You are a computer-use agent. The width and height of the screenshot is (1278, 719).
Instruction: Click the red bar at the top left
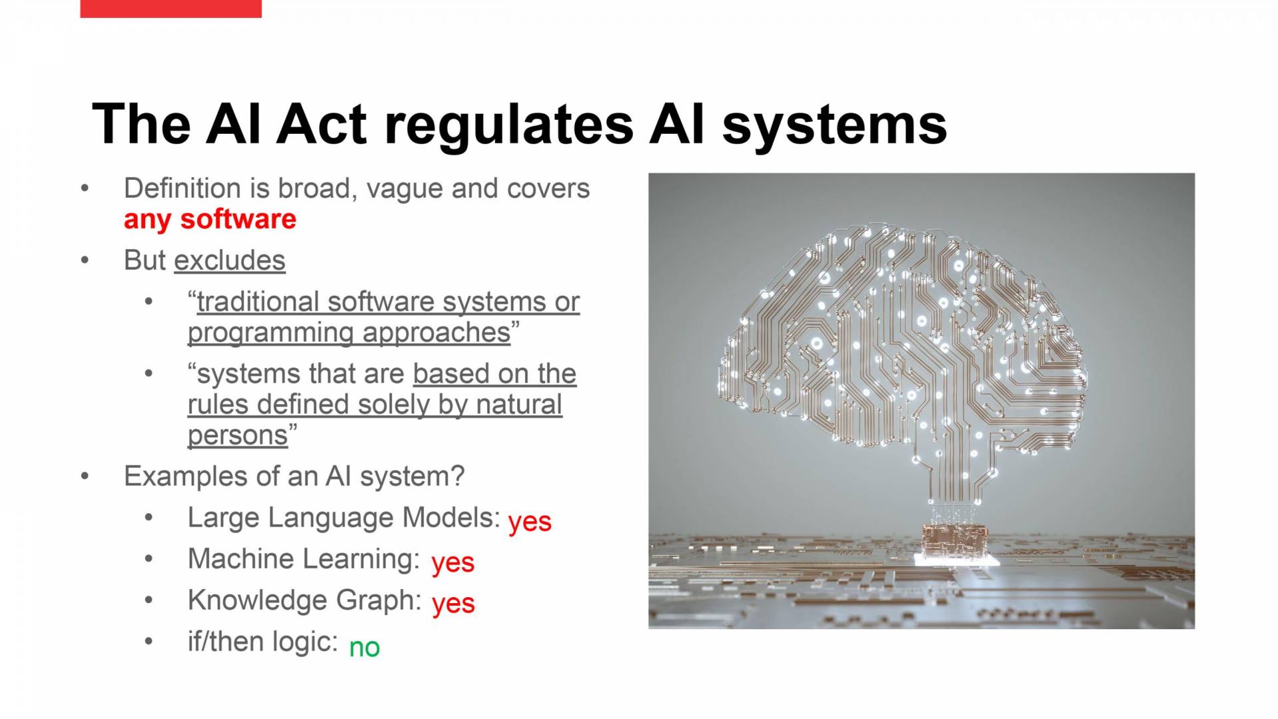[x=170, y=9]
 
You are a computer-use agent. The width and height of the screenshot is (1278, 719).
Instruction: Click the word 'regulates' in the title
[x=509, y=126]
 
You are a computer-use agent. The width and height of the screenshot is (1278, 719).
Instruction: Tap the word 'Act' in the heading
[x=321, y=124]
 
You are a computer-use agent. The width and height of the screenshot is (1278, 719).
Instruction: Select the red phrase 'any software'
[x=210, y=220]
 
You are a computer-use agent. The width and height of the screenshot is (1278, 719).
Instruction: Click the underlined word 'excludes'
[x=230, y=260]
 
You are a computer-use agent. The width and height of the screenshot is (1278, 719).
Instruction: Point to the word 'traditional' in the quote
[x=258, y=302]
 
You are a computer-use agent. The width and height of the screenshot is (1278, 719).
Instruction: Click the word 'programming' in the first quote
[x=270, y=333]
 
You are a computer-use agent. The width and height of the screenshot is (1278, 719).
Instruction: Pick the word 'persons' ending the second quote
[x=238, y=435]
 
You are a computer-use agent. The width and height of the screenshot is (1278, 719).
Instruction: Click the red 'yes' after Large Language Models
[x=530, y=521]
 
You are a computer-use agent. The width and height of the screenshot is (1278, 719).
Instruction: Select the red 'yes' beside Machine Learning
[x=453, y=563]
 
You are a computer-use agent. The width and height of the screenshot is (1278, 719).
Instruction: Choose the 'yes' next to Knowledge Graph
[x=453, y=604]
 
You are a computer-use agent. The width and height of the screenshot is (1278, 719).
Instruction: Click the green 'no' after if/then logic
[x=365, y=647]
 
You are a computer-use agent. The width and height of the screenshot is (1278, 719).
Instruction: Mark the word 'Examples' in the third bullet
[x=176, y=477]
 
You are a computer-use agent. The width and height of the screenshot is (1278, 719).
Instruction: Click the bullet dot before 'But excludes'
[x=85, y=260]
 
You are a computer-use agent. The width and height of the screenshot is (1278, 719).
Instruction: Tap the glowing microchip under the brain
[x=956, y=543]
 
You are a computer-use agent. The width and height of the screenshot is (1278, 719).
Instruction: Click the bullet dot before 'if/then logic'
[x=148, y=641]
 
